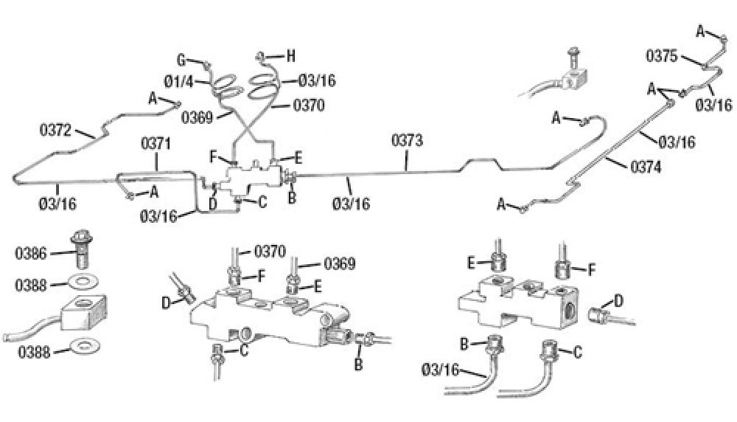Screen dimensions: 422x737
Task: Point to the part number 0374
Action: point(646,167)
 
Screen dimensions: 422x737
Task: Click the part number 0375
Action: point(660,55)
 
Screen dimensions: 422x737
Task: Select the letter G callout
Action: point(181,60)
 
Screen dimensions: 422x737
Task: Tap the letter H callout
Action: point(290,55)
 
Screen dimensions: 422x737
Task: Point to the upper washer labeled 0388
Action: point(80,283)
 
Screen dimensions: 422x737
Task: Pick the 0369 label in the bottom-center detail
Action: point(339,263)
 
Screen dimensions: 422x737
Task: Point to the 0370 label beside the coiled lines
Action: point(310,106)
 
